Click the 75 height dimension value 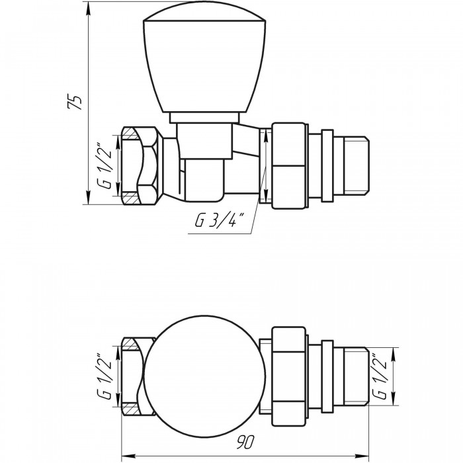(x=74, y=102)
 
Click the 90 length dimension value (x=245, y=442)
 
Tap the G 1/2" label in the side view (x=104, y=166)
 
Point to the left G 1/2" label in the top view (x=104, y=376)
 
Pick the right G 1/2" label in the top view (x=380, y=376)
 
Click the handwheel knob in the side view (x=204, y=58)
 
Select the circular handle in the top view (x=205, y=376)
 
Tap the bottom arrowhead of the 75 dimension (x=88, y=197)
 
